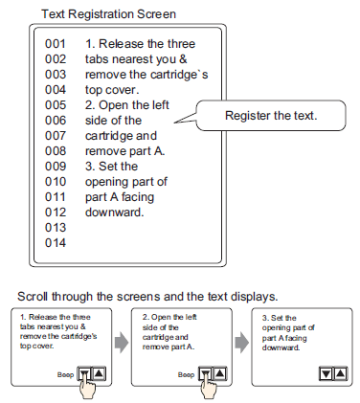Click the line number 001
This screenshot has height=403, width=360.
pos(56,44)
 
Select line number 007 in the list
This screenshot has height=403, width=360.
pos(56,136)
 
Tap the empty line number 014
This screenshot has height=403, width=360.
pos(56,243)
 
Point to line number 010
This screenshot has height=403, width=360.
pos(56,182)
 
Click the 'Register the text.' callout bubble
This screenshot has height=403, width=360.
pos(271,116)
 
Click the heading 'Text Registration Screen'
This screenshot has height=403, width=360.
pos(108,14)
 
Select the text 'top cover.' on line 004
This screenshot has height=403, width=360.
pos(112,90)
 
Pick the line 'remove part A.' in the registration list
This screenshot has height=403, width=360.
pos(124,151)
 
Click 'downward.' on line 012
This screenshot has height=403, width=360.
pos(115,213)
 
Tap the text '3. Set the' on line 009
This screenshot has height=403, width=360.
pos(111,167)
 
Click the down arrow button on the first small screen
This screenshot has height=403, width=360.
pos(84,373)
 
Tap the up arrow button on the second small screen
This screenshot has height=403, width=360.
pos(220,373)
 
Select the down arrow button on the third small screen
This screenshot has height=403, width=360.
pos(326,373)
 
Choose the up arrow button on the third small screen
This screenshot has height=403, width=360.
pos(340,373)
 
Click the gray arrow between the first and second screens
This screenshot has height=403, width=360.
pos(122,343)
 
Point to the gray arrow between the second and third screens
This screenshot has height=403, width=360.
pos(241,343)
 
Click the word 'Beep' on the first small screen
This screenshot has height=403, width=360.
pos(65,374)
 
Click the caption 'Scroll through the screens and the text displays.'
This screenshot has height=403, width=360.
pos(147,297)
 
